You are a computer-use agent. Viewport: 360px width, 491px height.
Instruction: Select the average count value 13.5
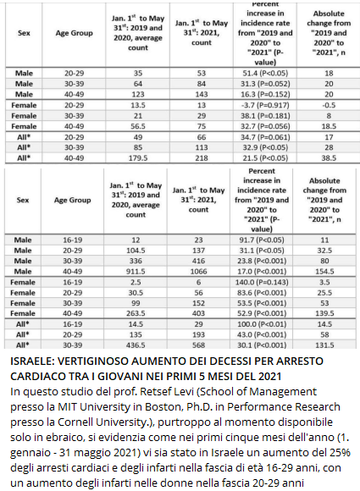tap(138, 105)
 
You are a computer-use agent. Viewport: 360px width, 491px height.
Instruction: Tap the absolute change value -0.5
tap(329, 105)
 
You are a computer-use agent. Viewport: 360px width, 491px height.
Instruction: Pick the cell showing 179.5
tap(138, 158)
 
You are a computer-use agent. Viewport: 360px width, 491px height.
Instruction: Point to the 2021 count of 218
tap(202, 158)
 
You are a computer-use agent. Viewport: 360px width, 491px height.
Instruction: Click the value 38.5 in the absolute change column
tap(329, 158)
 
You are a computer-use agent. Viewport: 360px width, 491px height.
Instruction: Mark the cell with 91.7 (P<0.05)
tap(262, 240)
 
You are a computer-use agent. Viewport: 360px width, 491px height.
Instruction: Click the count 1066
tap(199, 272)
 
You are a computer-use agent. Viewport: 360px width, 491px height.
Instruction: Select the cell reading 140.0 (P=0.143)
tap(262, 283)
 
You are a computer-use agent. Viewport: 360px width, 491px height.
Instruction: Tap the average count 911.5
tap(136, 272)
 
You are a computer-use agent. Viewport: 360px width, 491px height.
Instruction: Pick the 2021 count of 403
tap(199, 313)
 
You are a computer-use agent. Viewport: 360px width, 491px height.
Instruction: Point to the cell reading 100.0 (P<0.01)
tap(262, 324)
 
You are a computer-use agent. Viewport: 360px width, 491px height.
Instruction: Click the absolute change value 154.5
tap(324, 272)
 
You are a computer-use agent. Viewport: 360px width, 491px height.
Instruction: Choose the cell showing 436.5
tap(136, 345)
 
